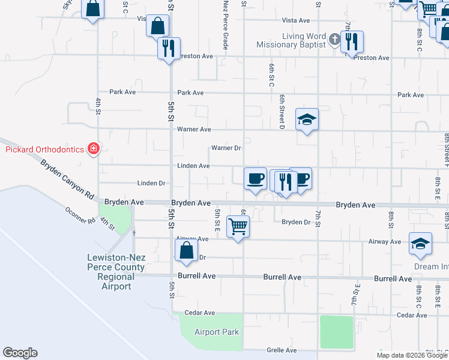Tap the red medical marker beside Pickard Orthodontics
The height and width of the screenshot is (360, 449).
pos(93,148)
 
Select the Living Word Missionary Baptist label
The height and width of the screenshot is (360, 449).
pos(291,40)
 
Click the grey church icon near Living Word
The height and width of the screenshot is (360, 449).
pos(334,41)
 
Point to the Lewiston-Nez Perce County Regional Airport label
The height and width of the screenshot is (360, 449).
pos(116,272)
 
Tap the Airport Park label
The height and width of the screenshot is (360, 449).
pos(216,332)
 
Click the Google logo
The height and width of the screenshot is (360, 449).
pos(20,353)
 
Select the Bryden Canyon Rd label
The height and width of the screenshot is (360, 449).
pos(68,179)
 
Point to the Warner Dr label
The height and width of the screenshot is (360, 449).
pos(226,148)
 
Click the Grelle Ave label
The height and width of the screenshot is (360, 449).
pos(282,350)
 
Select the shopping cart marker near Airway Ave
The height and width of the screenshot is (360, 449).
pos(238,227)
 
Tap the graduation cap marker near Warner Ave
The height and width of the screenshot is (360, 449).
pos(307,119)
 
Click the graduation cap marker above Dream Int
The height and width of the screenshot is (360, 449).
pos(420,244)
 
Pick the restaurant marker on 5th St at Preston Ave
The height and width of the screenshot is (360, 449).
pos(169,47)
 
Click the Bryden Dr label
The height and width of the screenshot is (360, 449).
pos(295,222)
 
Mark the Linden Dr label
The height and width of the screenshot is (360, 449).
pos(151,183)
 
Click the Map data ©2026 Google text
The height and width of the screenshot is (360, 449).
pos(412,355)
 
